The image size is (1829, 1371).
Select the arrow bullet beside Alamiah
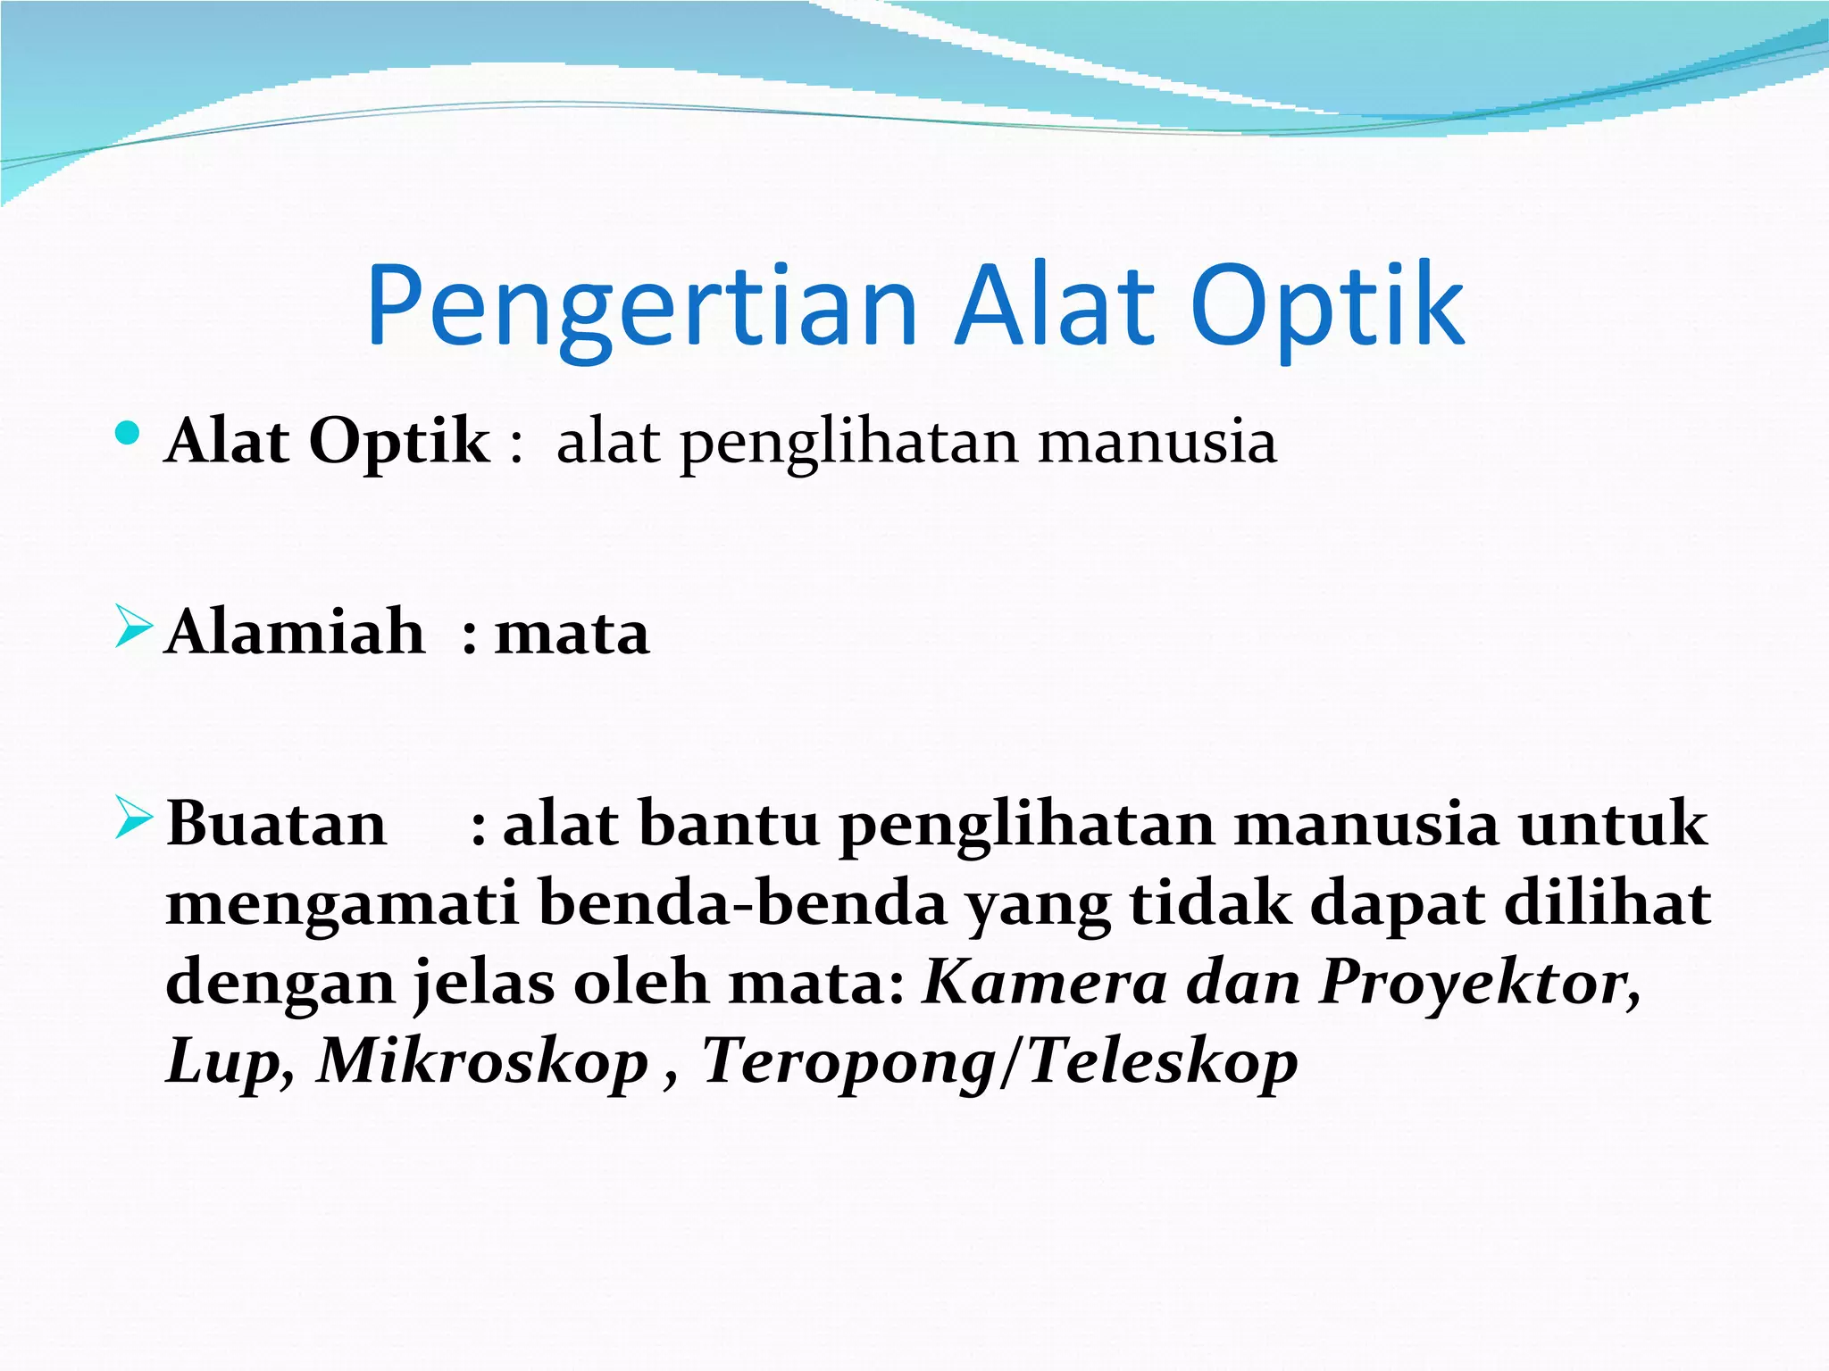coord(134,627)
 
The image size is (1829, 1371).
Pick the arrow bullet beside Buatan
coord(134,818)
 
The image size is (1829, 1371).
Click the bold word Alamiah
coord(296,632)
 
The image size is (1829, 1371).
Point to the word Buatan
coord(277,824)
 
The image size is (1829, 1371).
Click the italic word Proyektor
coord(1478,982)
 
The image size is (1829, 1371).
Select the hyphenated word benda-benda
coord(743,903)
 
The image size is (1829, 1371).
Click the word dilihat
coord(1608,903)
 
